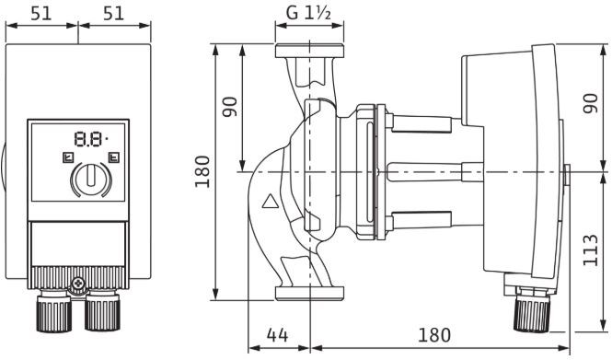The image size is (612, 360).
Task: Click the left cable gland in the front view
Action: click(x=52, y=313)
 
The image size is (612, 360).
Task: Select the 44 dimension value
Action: click(x=278, y=333)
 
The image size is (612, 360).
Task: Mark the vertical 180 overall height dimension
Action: click(x=204, y=170)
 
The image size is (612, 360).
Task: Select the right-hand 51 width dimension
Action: click(x=114, y=15)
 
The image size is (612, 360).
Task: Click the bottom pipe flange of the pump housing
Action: click(x=309, y=293)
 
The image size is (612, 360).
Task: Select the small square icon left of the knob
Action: click(x=67, y=157)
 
